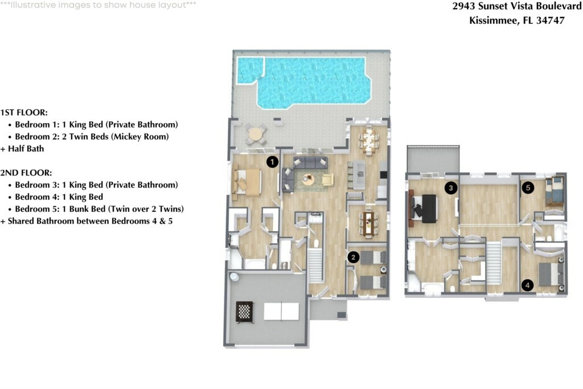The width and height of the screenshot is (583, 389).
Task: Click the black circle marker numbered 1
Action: tap(273, 162)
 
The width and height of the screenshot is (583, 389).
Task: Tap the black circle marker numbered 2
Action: tap(354, 257)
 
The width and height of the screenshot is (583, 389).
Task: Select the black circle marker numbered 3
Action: tap(451, 187)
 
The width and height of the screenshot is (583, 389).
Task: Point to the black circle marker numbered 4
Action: tap(528, 285)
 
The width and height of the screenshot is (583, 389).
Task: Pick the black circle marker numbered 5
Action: tap(528, 187)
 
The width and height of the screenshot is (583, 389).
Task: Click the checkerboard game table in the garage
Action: tap(244, 312)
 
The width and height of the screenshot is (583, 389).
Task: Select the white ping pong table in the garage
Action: tap(281, 311)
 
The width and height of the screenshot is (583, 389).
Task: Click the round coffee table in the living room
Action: tap(308, 180)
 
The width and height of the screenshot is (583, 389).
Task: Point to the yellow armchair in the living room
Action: tap(328, 179)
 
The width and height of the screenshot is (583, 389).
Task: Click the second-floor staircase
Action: tap(493, 263)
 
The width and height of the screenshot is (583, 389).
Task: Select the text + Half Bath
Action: tap(22, 149)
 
